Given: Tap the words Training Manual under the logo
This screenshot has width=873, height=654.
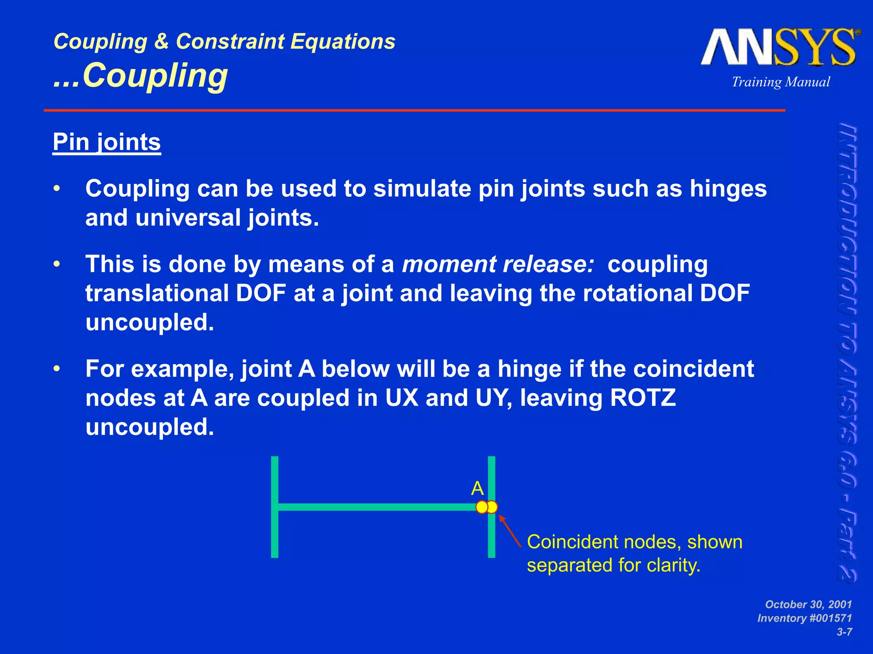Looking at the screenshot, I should pyautogui.click(x=780, y=82).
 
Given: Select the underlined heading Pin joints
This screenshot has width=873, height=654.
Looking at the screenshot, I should pyautogui.click(x=107, y=142).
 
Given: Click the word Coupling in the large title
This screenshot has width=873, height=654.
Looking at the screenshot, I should pyautogui.click(x=155, y=76).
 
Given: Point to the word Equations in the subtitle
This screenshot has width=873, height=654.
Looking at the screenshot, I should pyautogui.click(x=343, y=42).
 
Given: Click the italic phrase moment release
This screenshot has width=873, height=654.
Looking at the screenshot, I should pyautogui.click(x=498, y=264).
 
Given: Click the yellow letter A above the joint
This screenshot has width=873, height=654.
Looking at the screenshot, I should pyautogui.click(x=477, y=488).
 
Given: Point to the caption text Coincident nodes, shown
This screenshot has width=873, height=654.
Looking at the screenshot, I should pyautogui.click(x=634, y=542).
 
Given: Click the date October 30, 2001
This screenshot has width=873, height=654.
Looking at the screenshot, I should pyautogui.click(x=808, y=604).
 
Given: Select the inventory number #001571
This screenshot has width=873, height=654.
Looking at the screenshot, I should pyautogui.click(x=827, y=618).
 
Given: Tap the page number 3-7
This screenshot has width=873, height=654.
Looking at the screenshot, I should pyautogui.click(x=844, y=632).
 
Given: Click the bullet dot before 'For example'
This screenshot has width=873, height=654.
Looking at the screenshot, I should pyautogui.click(x=57, y=369).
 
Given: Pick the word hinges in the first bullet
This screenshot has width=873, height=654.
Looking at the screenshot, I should pyautogui.click(x=728, y=189).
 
